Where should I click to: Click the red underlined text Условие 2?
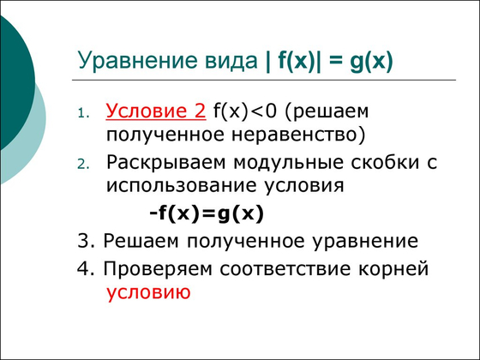coord(156,111)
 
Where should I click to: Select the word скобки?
coord(394,162)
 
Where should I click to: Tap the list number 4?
coord(82,267)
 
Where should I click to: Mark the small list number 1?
coord(82,113)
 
